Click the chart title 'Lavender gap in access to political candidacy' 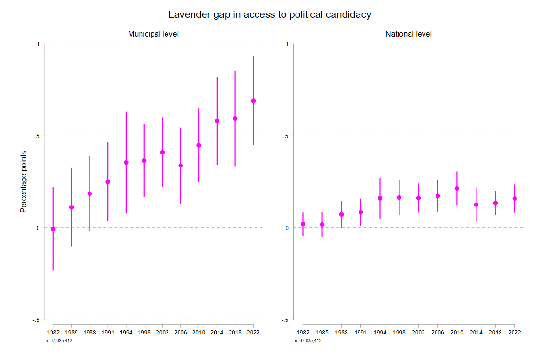(x=270, y=14)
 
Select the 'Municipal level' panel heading (x=154, y=34)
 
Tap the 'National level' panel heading (x=409, y=34)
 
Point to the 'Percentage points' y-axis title (x=23, y=181)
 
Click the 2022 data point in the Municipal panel (x=253, y=101)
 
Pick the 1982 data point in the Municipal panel (x=53, y=229)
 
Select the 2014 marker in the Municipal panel (x=217, y=121)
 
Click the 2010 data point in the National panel (x=457, y=188)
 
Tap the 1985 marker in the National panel (x=322, y=225)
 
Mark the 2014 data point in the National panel (x=476, y=205)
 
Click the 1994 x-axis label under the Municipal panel (x=126, y=333)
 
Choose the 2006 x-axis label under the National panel (x=437, y=333)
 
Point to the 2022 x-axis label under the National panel (x=514, y=333)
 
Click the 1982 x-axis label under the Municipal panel (x=53, y=333)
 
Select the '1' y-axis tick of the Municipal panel (x=38, y=44)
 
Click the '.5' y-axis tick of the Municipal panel (x=37, y=136)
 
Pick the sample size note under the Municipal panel (x=58, y=341)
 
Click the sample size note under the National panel (x=308, y=341)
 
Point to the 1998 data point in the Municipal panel (x=144, y=160)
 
